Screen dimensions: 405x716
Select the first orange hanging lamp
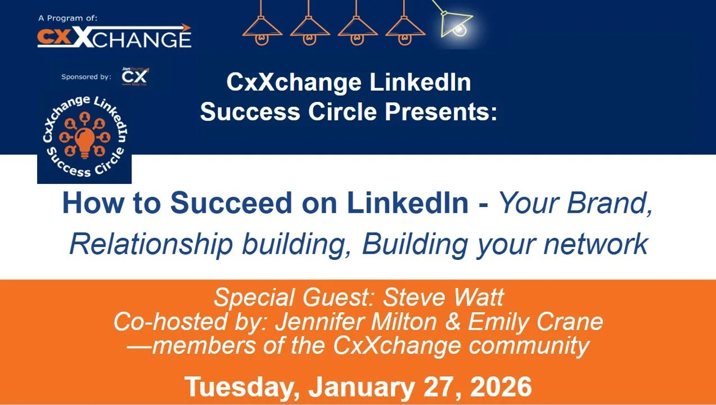coord(262,31)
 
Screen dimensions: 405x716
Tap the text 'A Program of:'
coord(68,18)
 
